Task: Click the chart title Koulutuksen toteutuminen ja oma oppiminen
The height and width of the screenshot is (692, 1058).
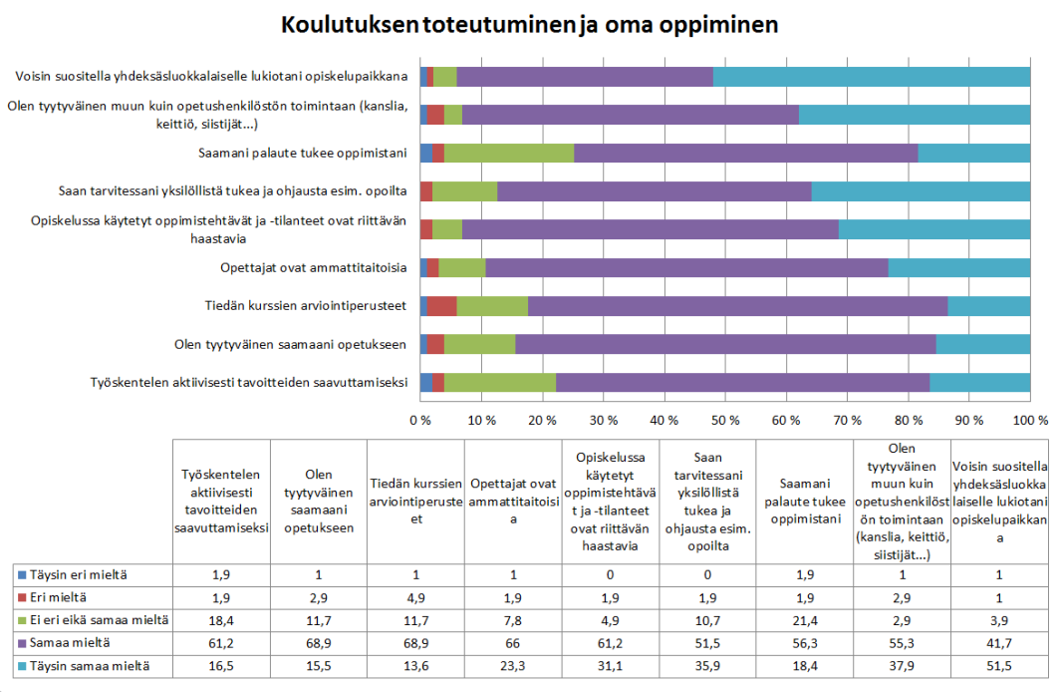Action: click(x=529, y=24)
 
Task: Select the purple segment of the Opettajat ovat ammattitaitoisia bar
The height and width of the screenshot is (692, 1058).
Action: click(x=686, y=267)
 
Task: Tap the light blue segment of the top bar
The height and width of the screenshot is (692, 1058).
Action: click(x=872, y=77)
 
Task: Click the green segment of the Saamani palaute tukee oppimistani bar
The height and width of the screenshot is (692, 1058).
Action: click(x=509, y=153)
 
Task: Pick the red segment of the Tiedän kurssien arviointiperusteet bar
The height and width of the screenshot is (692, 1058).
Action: click(x=441, y=305)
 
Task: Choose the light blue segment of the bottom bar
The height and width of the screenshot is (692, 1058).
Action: click(x=979, y=382)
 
